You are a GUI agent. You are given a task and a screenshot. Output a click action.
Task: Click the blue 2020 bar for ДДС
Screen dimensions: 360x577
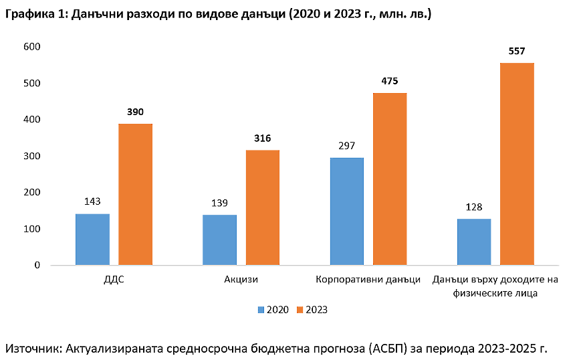coord(92,239)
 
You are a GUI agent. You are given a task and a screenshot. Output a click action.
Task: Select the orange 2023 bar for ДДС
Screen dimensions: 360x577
coord(136,194)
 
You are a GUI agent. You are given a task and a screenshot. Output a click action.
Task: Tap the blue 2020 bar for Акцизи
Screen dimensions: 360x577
coord(219,240)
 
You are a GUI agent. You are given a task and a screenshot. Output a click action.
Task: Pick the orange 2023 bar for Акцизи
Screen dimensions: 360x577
coord(263,207)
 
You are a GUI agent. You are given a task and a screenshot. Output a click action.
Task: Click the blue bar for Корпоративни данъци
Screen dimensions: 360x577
coord(347,211)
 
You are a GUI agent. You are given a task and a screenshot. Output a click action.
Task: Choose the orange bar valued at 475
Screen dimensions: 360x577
coord(390,179)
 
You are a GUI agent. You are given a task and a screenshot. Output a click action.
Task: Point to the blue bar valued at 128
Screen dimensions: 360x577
coord(474,242)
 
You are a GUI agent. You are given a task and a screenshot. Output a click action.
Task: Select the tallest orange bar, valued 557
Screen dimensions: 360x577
coord(517,164)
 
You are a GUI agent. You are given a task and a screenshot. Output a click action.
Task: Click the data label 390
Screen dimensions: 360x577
coord(136,112)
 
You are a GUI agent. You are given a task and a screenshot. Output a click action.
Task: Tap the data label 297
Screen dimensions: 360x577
coord(347,146)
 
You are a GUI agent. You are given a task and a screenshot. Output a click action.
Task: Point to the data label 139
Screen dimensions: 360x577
coord(219,203)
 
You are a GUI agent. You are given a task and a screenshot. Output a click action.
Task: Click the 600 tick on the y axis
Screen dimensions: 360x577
coord(32,47)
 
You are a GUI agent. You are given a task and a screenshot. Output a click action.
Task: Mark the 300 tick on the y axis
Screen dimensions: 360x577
coord(32,156)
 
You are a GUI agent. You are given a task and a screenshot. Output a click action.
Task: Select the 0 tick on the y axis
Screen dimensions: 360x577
coord(37,265)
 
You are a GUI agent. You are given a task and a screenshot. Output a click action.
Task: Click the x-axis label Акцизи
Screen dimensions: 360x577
coord(241,280)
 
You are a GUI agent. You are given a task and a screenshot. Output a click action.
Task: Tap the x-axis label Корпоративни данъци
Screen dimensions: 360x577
coord(368,280)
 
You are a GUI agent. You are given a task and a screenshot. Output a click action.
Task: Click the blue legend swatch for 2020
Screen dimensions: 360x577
coord(261,310)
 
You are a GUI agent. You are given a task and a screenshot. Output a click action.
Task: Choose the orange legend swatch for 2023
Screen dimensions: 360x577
coord(300,310)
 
